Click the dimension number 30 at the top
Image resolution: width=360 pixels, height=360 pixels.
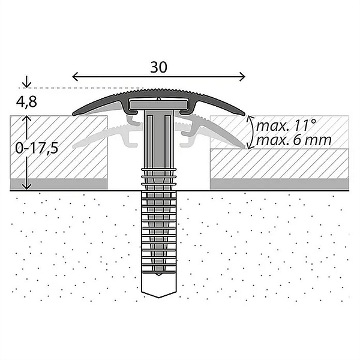158,67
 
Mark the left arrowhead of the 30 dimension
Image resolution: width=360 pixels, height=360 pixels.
74,77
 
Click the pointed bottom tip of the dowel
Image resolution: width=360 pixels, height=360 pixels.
158,296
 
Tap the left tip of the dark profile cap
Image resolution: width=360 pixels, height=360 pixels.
74,113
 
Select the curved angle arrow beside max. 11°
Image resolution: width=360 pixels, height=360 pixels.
250,131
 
